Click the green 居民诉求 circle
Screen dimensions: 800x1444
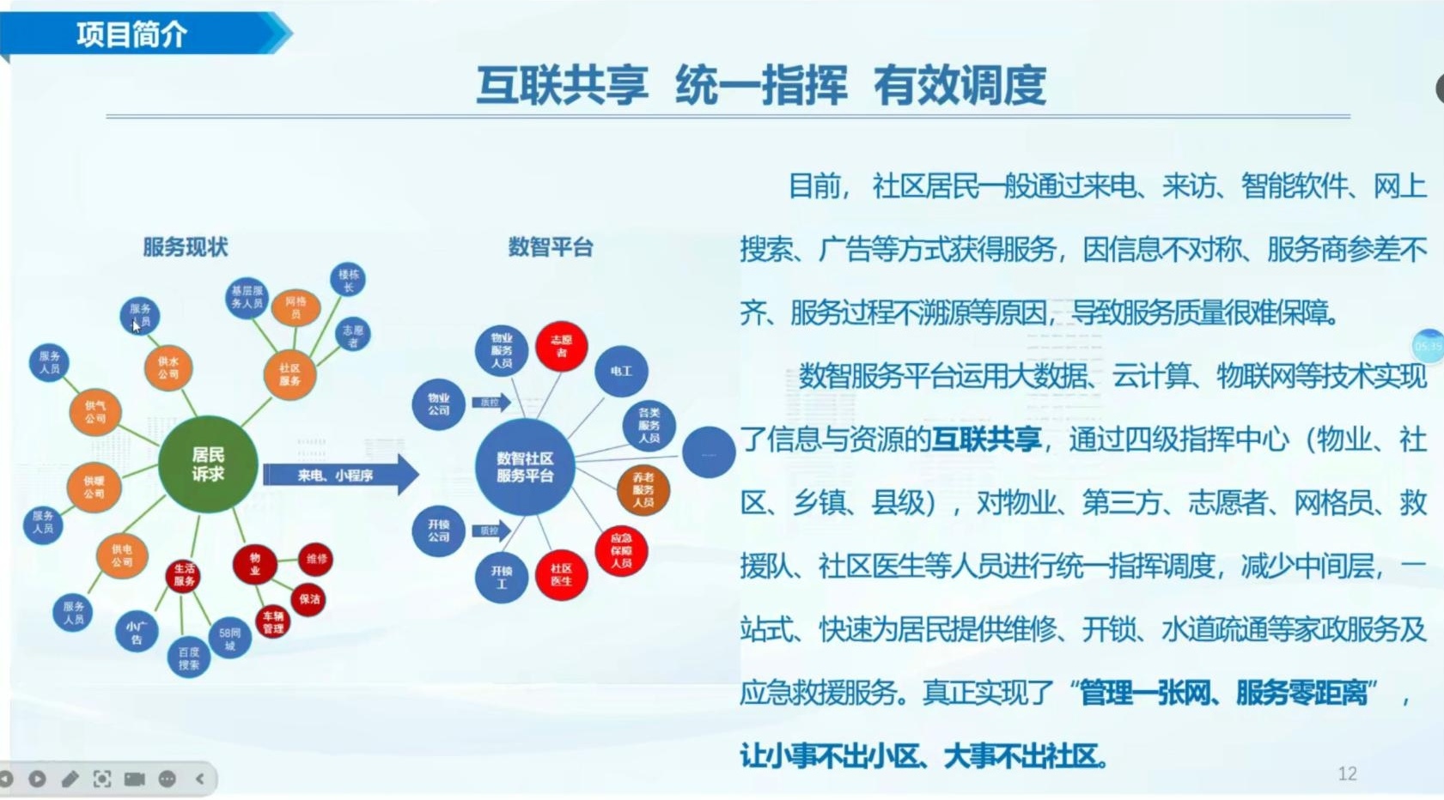208,464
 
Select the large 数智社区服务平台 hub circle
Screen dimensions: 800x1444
525,467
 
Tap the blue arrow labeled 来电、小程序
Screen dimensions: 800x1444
339,475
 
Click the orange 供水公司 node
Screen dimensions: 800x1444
168,368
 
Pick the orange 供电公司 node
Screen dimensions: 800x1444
122,555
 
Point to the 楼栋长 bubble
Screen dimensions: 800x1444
348,280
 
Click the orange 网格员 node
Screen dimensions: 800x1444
296,307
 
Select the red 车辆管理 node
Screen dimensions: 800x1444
273,621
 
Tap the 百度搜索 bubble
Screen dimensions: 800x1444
189,658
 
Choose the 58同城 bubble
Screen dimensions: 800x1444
229,639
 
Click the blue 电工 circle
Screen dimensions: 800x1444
621,371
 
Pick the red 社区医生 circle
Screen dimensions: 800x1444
561,574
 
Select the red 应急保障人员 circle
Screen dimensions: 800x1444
621,550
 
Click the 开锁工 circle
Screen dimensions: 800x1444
501,577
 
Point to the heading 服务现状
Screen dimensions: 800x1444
186,247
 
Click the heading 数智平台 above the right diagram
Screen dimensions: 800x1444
551,247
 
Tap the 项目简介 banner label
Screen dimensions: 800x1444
132,34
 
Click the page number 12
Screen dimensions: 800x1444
1347,773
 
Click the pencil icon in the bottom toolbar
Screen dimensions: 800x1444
70,779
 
